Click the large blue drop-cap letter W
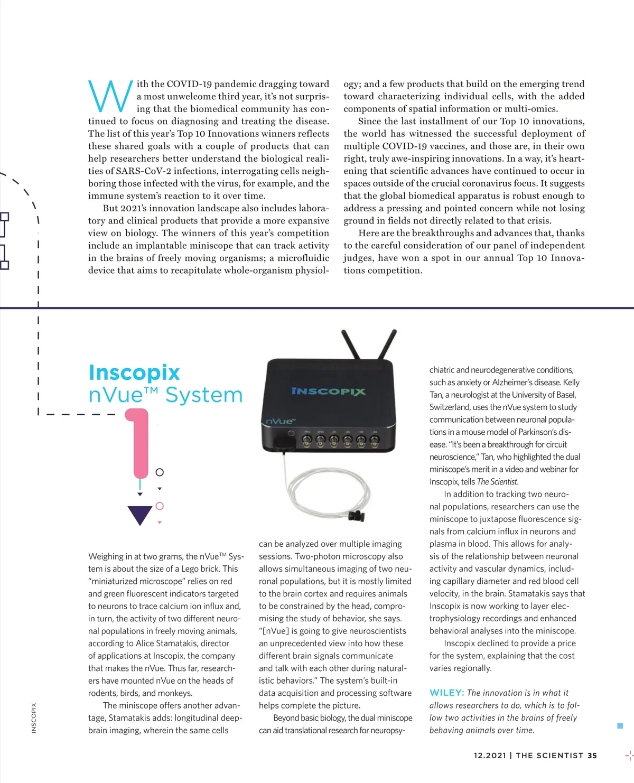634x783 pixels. [x=110, y=96]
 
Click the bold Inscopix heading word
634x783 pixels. [x=134, y=372]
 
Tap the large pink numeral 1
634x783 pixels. [x=139, y=442]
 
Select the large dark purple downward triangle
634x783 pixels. [x=140, y=515]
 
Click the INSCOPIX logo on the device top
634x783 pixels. [x=328, y=392]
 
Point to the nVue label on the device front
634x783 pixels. [x=281, y=421]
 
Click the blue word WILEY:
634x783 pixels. [x=446, y=693]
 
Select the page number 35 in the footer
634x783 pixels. [x=592, y=756]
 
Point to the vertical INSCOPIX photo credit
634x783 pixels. [x=34, y=717]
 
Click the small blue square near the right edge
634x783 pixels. [x=620, y=726]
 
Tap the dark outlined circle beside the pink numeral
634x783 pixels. [x=160, y=472]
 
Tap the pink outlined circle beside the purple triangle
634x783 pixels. [x=160, y=506]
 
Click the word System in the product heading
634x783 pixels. [x=204, y=395]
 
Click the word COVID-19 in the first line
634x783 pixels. [x=189, y=84]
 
